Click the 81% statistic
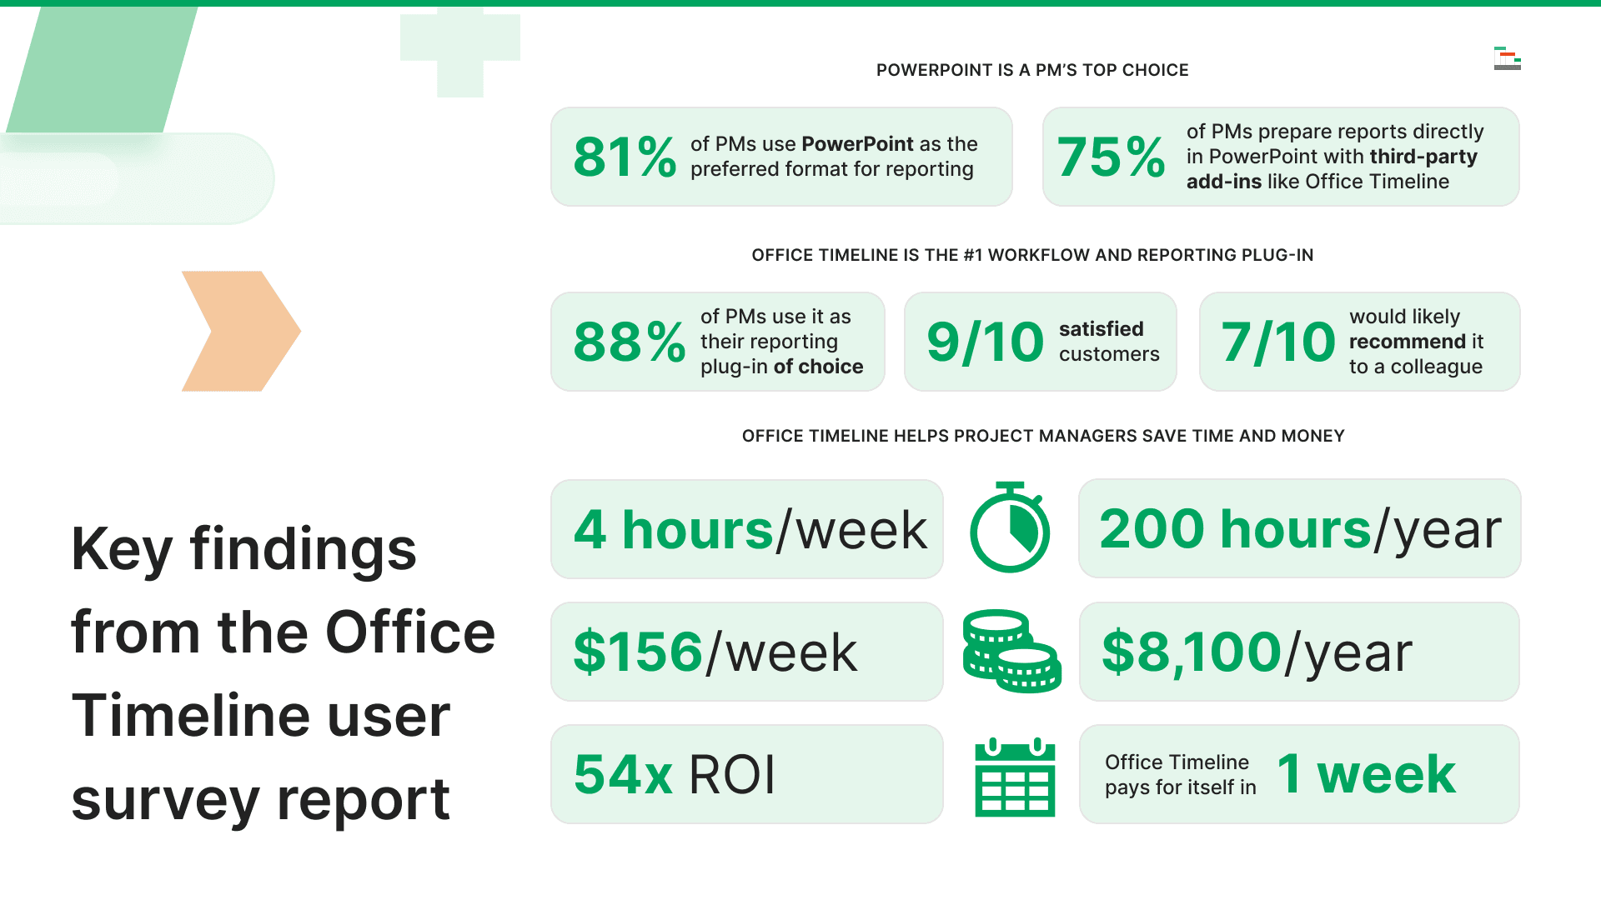624,157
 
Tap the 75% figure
1110,157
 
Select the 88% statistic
629,342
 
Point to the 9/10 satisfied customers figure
985,342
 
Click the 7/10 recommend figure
1277,342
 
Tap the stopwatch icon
1010,529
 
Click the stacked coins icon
1011,652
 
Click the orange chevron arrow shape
241,331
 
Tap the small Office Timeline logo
1507,58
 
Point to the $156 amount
638,652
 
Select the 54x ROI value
674,775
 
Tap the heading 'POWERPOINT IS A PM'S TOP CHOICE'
1031,70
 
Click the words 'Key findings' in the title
243,549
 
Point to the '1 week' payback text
1366,774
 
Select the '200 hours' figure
1234,529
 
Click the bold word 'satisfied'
1101,329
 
